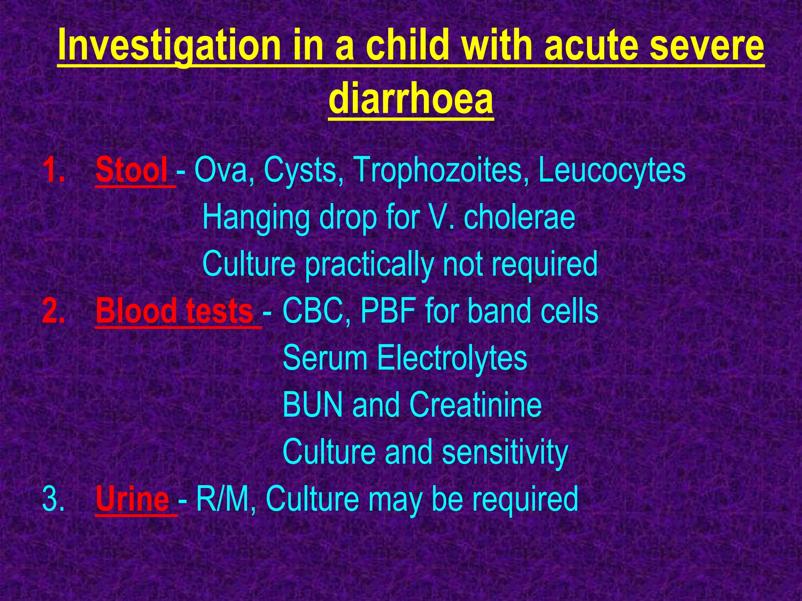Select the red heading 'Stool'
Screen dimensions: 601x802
(x=132, y=170)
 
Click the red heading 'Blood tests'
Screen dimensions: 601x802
(x=175, y=311)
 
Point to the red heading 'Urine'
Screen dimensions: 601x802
(x=132, y=499)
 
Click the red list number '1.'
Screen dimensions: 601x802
(x=54, y=170)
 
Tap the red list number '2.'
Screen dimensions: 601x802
(x=54, y=311)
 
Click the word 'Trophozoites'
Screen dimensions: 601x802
(x=438, y=170)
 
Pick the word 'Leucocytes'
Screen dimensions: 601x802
(x=612, y=170)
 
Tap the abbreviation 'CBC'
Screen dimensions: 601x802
(x=316, y=311)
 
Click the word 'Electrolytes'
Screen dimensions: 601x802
(x=452, y=358)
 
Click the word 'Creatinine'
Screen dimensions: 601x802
(x=475, y=405)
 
